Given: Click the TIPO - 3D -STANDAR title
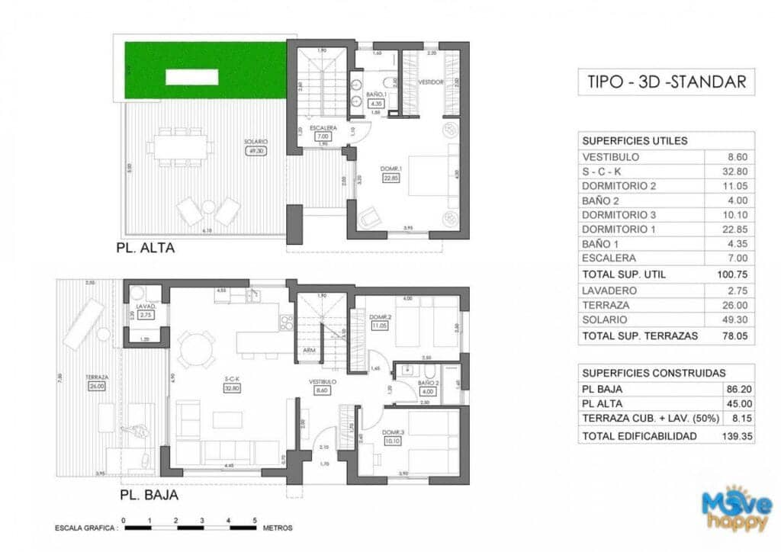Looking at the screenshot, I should click(x=667, y=82).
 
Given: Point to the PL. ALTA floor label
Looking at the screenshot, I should click(x=146, y=248).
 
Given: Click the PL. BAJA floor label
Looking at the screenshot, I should click(x=149, y=495).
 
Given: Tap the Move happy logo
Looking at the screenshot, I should click(x=737, y=509).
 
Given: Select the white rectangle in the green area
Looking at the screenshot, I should click(x=188, y=76).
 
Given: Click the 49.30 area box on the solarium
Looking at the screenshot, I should click(x=255, y=151).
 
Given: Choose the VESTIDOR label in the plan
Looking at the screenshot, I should click(x=431, y=82).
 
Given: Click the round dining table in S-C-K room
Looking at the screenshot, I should click(x=196, y=351).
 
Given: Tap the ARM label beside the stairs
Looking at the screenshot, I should click(x=309, y=351).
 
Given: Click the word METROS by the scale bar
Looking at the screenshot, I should click(x=277, y=528).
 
